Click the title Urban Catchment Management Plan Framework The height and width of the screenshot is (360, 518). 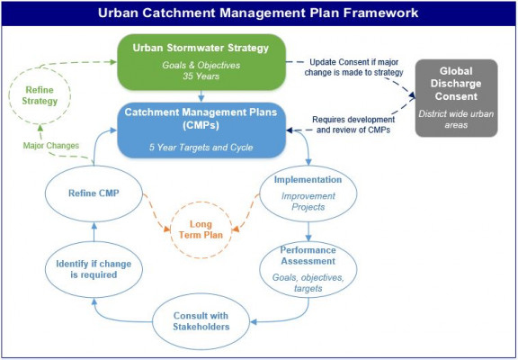coord(258,13)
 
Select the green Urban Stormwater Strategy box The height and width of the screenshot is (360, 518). coord(201,62)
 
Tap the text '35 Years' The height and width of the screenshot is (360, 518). coord(201,76)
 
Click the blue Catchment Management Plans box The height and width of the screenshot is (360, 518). coord(201,130)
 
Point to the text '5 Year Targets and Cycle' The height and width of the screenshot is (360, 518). coord(201,147)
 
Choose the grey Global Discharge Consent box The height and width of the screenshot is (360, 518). coord(456,98)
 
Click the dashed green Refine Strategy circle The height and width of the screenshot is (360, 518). coord(9,96)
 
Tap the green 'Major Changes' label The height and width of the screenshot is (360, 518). coord(51,146)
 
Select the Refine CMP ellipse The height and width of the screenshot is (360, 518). coord(45,193)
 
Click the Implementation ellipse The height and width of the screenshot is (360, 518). coord(260,193)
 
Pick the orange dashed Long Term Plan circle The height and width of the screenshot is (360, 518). coord(170,229)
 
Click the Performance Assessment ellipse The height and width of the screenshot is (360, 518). coord(260,269)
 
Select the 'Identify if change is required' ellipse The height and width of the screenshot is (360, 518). coord(45,269)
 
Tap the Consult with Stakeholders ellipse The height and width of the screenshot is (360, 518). coord(152,321)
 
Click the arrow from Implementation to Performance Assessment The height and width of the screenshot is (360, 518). coord(308,231)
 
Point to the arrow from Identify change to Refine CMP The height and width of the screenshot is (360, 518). coord(94,231)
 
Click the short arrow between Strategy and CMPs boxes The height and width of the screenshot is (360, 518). coord(201,96)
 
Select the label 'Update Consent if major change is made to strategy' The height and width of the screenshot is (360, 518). coord(353,67)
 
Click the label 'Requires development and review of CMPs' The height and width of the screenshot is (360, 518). coord(353,124)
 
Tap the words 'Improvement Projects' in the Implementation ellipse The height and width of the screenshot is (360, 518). coord(308,202)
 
